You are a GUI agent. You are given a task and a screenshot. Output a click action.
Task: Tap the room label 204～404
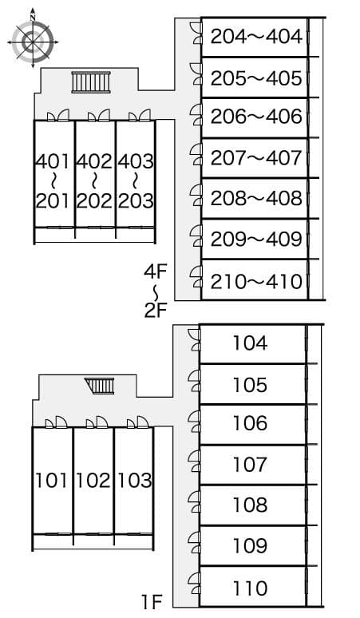click(x=256, y=37)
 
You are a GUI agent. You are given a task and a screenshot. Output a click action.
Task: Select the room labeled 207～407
click(x=256, y=158)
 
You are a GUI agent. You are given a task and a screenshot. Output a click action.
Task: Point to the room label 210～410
click(x=256, y=281)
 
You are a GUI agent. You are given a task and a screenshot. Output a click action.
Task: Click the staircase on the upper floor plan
click(x=89, y=82)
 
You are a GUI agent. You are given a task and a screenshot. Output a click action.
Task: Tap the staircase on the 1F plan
click(x=101, y=386)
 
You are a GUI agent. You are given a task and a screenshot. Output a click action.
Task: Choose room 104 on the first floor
click(x=250, y=344)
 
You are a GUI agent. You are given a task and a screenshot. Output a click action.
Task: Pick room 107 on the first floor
click(x=250, y=464)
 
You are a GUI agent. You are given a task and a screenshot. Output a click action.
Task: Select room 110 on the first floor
click(x=250, y=588)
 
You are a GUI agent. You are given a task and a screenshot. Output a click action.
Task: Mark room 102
click(x=93, y=481)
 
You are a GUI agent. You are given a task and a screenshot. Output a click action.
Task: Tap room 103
click(x=134, y=481)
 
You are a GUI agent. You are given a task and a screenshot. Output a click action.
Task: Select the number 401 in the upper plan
click(x=53, y=161)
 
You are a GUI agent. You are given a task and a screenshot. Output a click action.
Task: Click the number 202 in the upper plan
click(x=94, y=200)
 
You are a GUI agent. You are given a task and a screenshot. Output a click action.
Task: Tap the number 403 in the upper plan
click(x=136, y=161)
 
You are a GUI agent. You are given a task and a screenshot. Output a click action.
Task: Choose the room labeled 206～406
click(x=256, y=117)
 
